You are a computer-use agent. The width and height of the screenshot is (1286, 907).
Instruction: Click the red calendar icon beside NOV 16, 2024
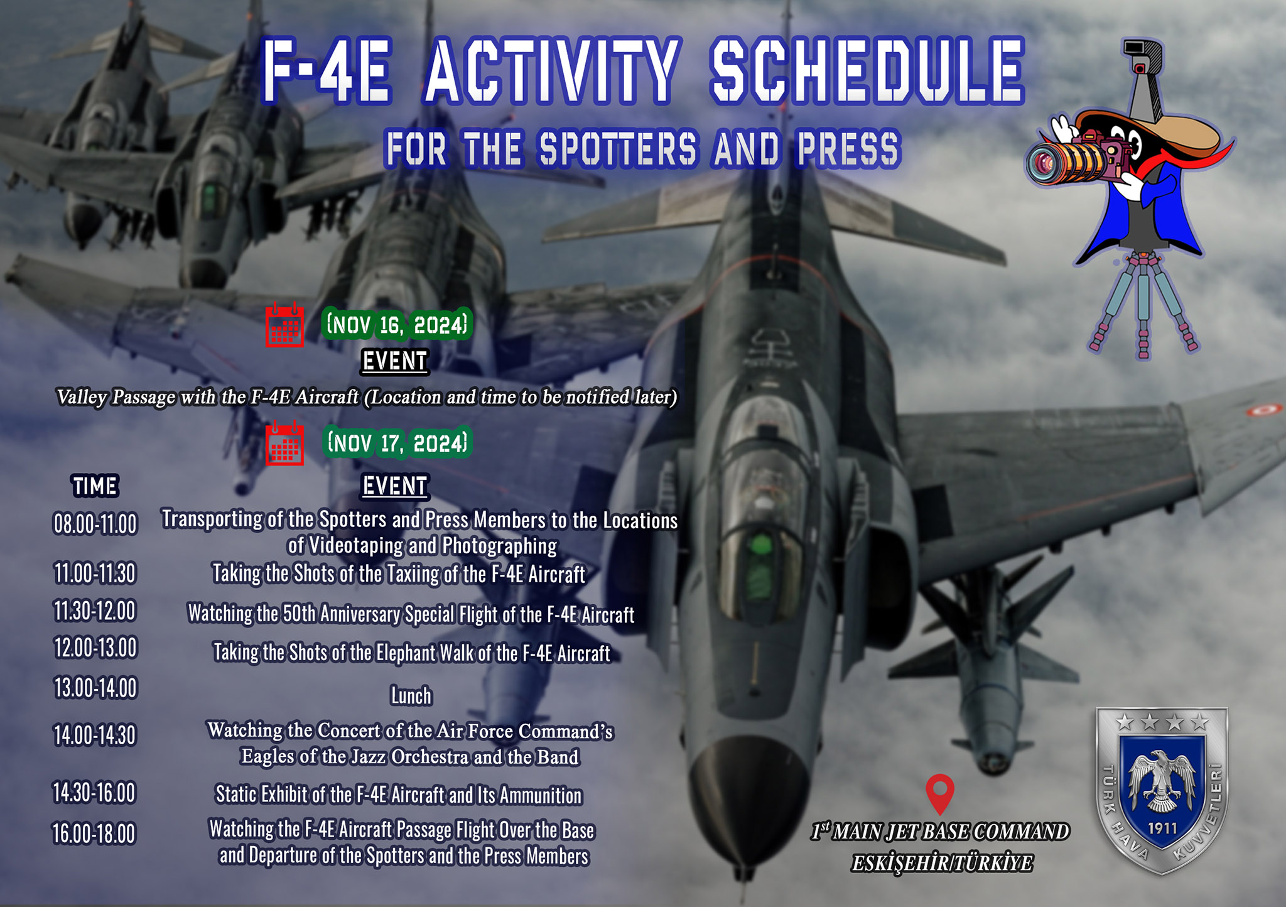[x=284, y=324]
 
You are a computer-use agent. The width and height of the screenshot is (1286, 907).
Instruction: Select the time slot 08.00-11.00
[x=95, y=524]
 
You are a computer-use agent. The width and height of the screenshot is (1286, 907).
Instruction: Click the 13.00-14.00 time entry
[x=95, y=688]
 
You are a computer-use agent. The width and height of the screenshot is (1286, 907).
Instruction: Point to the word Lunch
[x=411, y=696]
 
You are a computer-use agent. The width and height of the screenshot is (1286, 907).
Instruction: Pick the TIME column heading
[x=95, y=486]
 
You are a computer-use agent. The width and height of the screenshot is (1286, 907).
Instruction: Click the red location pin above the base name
[x=940, y=793]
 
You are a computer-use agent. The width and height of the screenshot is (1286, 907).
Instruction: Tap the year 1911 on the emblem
[x=1162, y=828]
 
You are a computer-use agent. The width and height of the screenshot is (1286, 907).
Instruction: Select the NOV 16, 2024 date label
[x=397, y=325]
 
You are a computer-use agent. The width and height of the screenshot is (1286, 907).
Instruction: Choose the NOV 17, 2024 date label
[x=397, y=443]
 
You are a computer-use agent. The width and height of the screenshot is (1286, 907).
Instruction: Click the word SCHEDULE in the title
[x=867, y=70]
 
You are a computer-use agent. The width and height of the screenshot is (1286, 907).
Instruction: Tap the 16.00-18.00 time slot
[x=94, y=834]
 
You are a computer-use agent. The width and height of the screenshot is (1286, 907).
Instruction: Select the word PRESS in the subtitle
[x=848, y=149]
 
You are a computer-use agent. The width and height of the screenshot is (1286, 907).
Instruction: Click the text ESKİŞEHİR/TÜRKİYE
[x=941, y=864]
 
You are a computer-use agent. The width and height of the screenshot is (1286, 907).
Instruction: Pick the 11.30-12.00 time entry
[x=95, y=611]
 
